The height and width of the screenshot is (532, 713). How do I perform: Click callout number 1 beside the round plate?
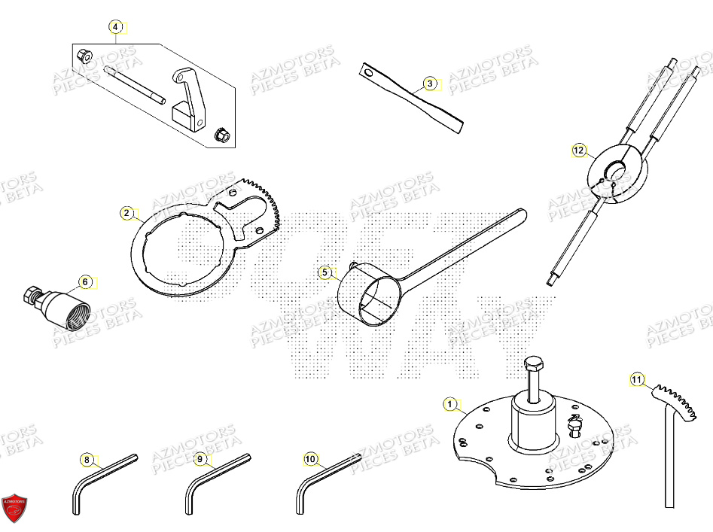click(x=450, y=405)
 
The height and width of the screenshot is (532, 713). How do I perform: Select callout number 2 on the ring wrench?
click(x=126, y=213)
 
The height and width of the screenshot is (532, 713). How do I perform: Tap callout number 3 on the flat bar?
click(x=429, y=84)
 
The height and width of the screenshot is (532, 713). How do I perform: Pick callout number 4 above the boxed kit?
click(x=115, y=28)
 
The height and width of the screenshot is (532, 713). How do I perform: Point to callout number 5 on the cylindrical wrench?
click(x=325, y=272)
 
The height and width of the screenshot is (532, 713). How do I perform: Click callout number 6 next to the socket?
click(x=85, y=282)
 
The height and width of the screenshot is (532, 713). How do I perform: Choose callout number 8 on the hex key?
click(x=87, y=459)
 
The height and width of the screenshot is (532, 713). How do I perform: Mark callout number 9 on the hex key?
click(x=200, y=458)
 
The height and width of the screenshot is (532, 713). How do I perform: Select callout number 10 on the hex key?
click(x=310, y=458)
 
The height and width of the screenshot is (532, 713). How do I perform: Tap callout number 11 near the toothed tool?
click(x=637, y=380)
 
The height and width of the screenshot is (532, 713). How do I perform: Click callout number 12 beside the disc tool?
click(x=577, y=150)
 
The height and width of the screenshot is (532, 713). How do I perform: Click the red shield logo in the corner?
click(x=14, y=509)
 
